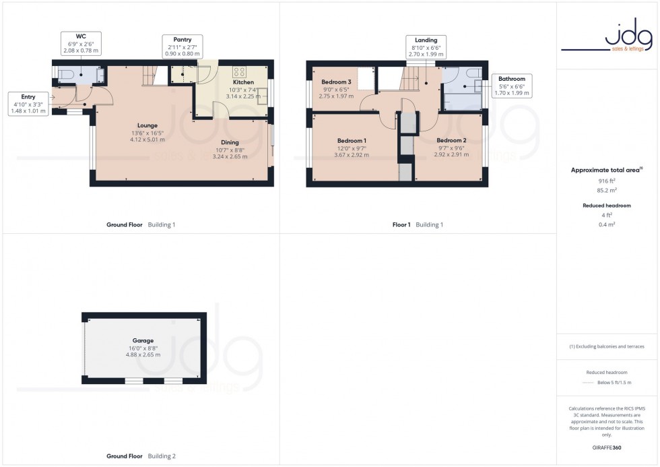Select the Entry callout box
(28, 104)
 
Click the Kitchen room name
(243, 82)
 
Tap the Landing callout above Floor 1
(426, 47)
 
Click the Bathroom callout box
(512, 86)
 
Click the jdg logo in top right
(609, 36)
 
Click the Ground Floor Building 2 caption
(141, 456)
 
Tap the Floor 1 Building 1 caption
(418, 224)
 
